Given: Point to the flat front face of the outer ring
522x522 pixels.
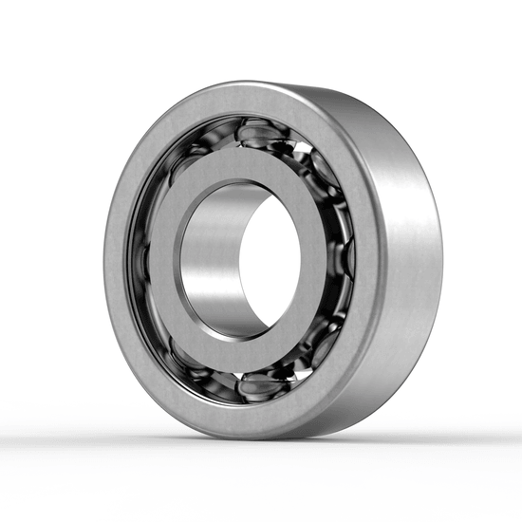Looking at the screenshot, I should (x=142, y=361).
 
